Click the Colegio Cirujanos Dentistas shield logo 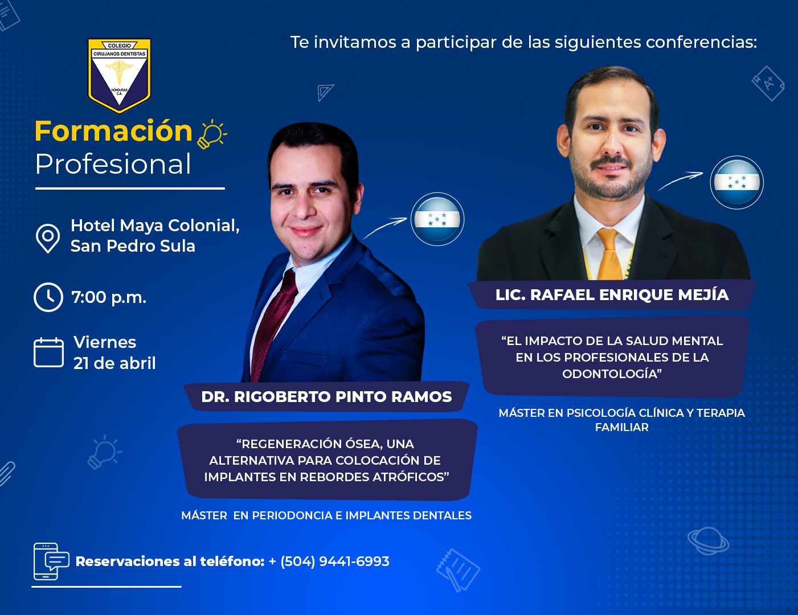coord(119,76)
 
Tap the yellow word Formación coord(113,131)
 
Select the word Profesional coord(113,164)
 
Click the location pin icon coord(48,239)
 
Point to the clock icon coord(48,297)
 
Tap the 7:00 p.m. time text coord(109,297)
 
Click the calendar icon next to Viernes coord(48,352)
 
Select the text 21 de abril coord(114,363)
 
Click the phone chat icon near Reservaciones coord(51,561)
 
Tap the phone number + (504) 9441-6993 coord(329,561)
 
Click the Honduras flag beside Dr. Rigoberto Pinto coord(437,219)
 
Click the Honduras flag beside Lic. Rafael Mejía coord(736,182)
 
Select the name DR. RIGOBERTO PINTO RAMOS coord(326,397)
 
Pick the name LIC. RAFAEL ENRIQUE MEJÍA coord(612,295)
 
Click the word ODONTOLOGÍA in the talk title coord(612,374)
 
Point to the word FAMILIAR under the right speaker coord(622,428)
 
